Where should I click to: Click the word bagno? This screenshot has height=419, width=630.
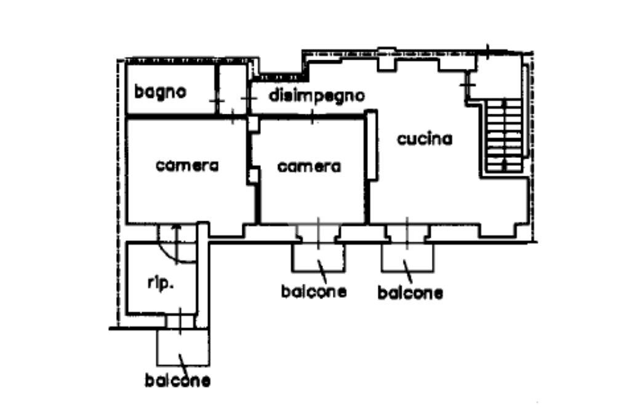pyautogui.click(x=160, y=93)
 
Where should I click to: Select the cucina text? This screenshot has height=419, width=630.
pyautogui.click(x=424, y=139)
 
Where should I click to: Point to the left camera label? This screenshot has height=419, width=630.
pyautogui.click(x=187, y=165)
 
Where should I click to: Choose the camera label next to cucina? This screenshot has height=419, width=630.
pyautogui.click(x=309, y=166)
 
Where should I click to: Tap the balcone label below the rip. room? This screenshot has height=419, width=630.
pyautogui.click(x=177, y=381)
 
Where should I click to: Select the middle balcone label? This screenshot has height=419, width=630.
pyautogui.click(x=313, y=291)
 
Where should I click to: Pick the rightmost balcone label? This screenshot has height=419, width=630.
pyautogui.click(x=410, y=293)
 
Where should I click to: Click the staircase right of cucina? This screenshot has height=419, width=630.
pyautogui.click(x=504, y=135)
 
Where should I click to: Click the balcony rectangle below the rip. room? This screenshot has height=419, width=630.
pyautogui.click(x=183, y=347)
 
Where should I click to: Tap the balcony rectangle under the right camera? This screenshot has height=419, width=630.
pyautogui.click(x=318, y=256)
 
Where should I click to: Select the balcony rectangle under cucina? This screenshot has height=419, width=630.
pyautogui.click(x=407, y=256)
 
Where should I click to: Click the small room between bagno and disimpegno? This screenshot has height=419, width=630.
pyautogui.click(x=233, y=89)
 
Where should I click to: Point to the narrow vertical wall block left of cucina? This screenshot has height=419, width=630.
pyautogui.click(x=372, y=145)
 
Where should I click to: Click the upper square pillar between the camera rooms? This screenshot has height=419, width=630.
pyautogui.click(x=253, y=123)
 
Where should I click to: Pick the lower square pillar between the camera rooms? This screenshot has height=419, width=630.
pyautogui.click(x=253, y=176)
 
